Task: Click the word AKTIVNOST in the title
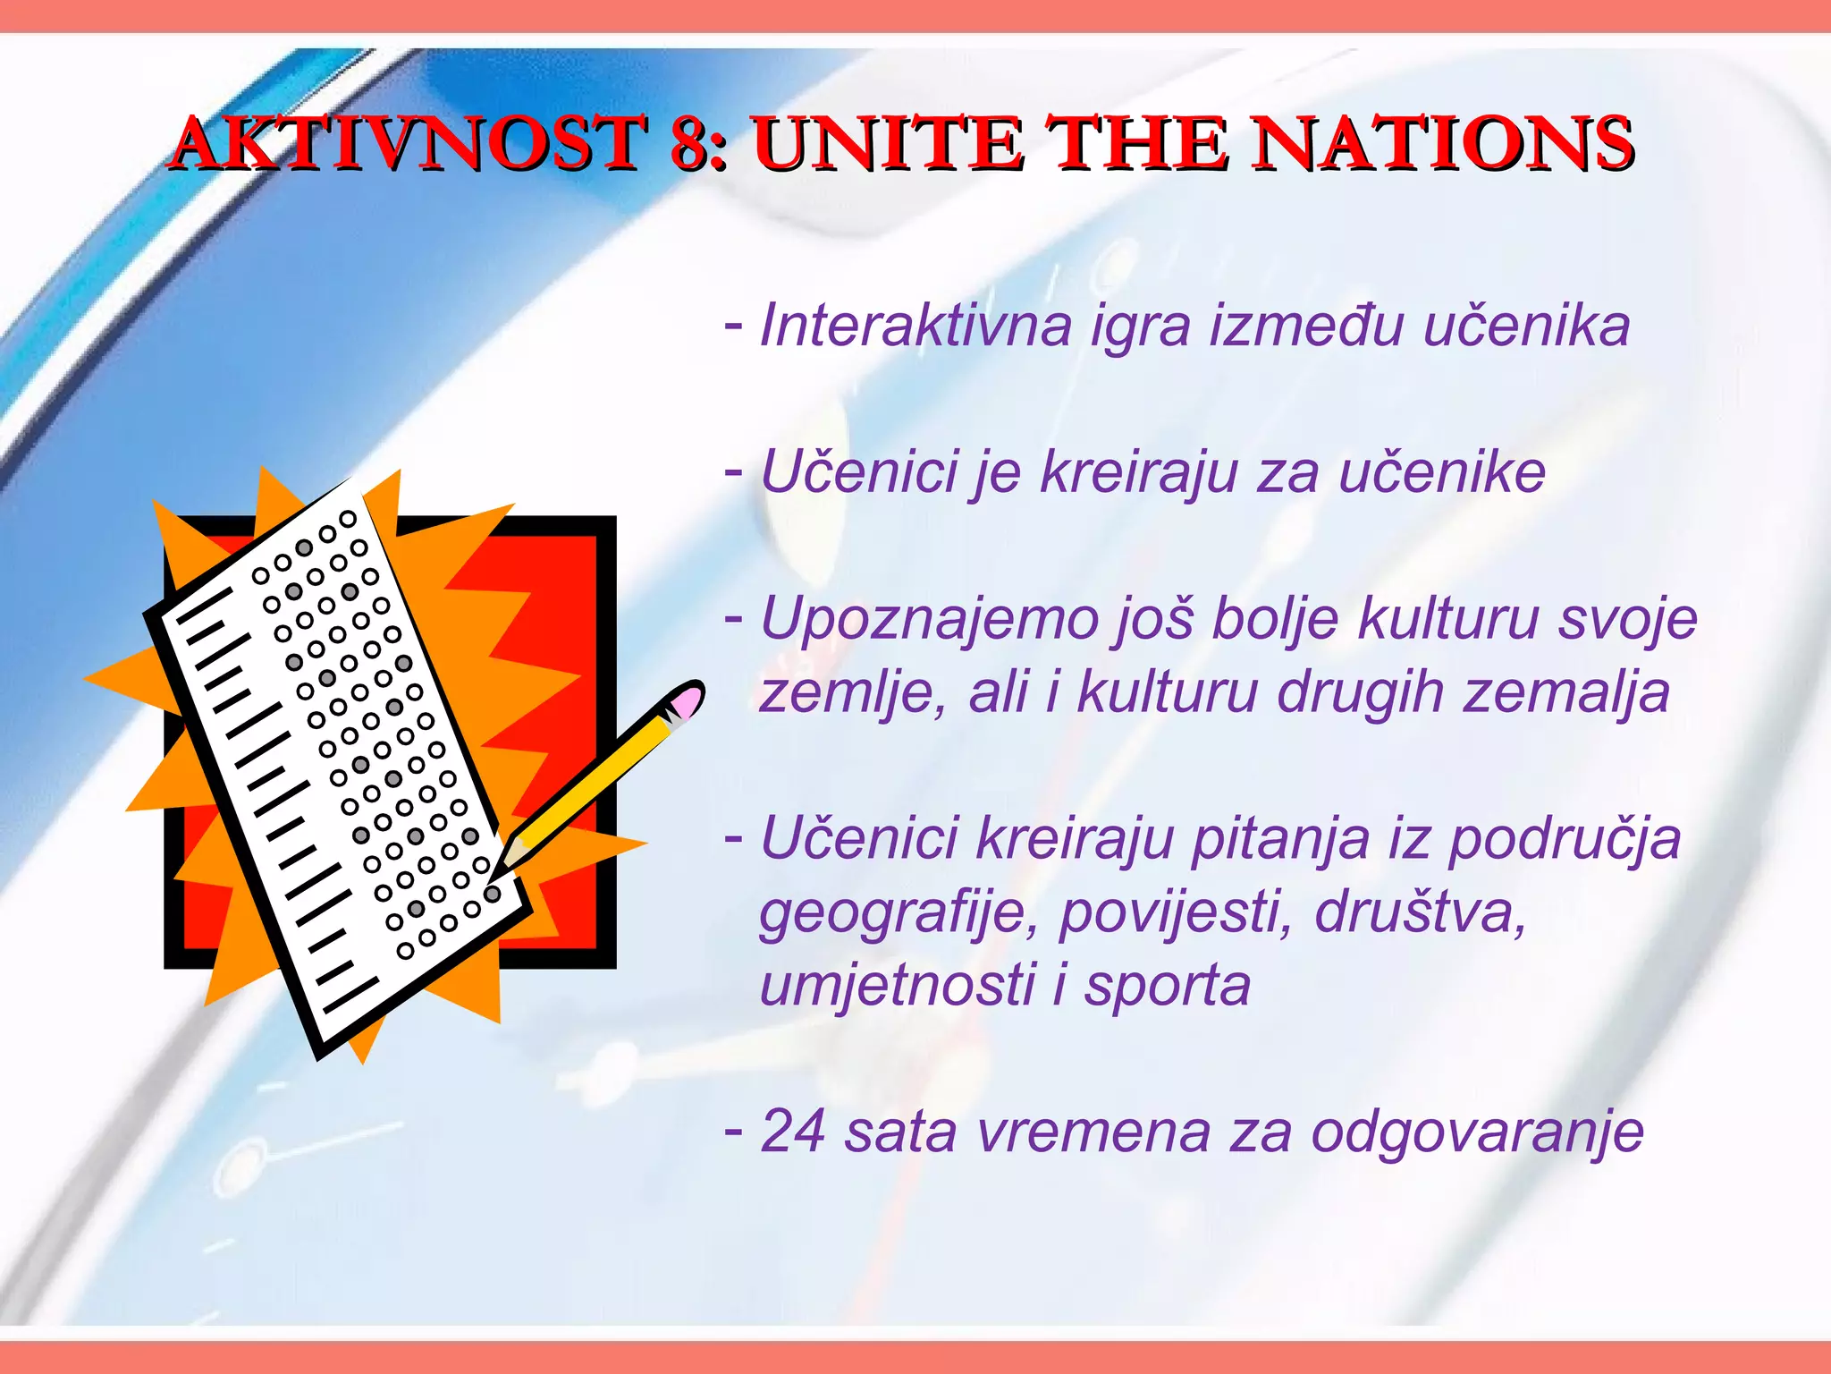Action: [408, 143]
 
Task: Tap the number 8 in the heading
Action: [690, 143]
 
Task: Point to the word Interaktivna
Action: [915, 326]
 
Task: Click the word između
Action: [1306, 326]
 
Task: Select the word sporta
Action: [1167, 986]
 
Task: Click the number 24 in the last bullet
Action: [792, 1132]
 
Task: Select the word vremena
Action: [1093, 1132]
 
